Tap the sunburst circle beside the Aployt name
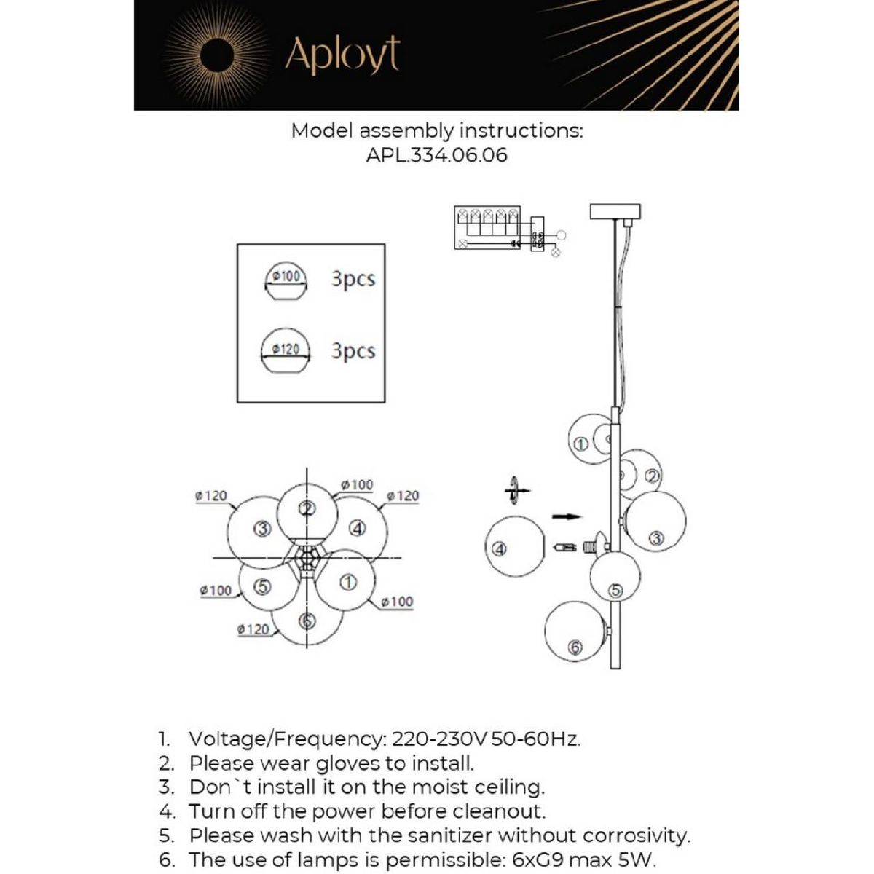pyautogui.click(x=216, y=55)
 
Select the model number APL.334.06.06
pyautogui.click(x=436, y=155)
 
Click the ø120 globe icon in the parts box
pyautogui.click(x=286, y=352)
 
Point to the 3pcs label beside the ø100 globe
pyautogui.click(x=353, y=279)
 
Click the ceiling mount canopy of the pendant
pyautogui.click(x=614, y=211)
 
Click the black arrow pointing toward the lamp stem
pyautogui.click(x=567, y=517)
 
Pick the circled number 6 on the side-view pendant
pyautogui.click(x=575, y=646)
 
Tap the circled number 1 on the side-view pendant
pyautogui.click(x=580, y=444)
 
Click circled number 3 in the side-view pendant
pyautogui.click(x=655, y=538)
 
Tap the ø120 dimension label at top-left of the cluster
pyautogui.click(x=211, y=496)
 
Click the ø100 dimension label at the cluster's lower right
pyautogui.click(x=397, y=602)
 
